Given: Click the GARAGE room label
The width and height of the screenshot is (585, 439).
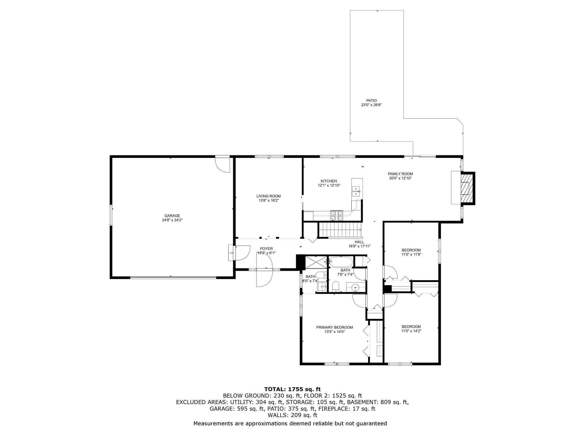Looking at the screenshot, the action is [x=172, y=216].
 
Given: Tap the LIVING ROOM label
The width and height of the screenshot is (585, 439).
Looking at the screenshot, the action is [x=268, y=196].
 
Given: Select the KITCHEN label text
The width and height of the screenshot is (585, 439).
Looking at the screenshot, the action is [x=329, y=181].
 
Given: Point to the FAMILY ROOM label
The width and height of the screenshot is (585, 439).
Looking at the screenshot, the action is [x=400, y=174].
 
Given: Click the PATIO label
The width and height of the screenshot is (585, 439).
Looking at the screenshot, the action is [x=371, y=100].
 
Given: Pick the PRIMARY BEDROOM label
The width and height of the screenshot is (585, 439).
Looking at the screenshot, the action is [x=334, y=327].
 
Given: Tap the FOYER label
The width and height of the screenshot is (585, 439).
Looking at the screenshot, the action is [x=266, y=248].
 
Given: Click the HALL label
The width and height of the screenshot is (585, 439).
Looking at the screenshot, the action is [x=359, y=242].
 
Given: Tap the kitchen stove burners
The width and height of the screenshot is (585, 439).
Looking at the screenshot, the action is [x=337, y=215].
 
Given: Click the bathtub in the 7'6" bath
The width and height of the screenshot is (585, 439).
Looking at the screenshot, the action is [x=340, y=262].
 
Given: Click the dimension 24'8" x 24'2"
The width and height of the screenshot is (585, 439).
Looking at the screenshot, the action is [x=172, y=220].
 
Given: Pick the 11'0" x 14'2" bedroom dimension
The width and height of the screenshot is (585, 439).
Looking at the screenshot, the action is [x=411, y=331].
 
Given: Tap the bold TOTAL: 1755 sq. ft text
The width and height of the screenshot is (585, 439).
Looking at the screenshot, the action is [x=292, y=389].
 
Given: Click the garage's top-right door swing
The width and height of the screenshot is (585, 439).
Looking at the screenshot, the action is [x=222, y=164].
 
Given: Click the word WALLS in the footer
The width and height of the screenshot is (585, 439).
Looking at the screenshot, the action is [x=277, y=415].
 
